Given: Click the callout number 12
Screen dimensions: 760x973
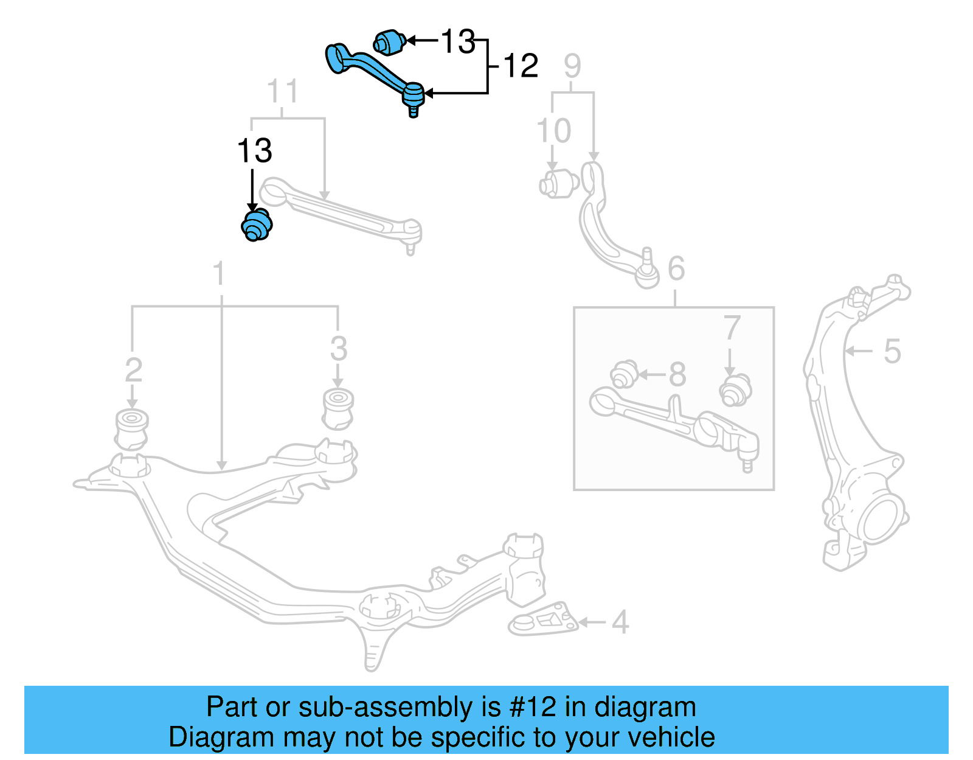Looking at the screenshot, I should pyautogui.click(x=521, y=66).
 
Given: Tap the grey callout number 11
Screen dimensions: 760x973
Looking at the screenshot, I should pyautogui.click(x=283, y=92).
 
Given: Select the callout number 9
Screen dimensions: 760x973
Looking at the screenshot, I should pyautogui.click(x=572, y=66).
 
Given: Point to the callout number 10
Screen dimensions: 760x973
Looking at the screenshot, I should pyautogui.click(x=553, y=131).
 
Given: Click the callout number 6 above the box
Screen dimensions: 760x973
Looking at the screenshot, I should pyautogui.click(x=676, y=268).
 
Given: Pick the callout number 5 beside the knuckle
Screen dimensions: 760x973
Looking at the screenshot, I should pyautogui.click(x=892, y=351).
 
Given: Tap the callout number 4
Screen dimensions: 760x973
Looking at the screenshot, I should pyautogui.click(x=620, y=622).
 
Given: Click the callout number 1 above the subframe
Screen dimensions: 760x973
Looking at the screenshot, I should pyautogui.click(x=220, y=274).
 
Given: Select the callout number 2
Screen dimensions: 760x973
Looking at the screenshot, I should pyautogui.click(x=133, y=370).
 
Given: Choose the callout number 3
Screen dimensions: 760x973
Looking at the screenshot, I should pyautogui.click(x=338, y=349).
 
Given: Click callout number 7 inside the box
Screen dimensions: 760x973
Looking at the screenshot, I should pyautogui.click(x=732, y=329).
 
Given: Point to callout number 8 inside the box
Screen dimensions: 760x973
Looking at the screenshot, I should pyautogui.click(x=677, y=375).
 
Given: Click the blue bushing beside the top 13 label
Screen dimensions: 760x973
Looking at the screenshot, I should pyautogui.click(x=389, y=42).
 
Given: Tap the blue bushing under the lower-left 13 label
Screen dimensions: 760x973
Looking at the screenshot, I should pyautogui.click(x=257, y=225).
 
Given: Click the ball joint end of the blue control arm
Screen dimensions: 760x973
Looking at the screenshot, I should pyautogui.click(x=413, y=96).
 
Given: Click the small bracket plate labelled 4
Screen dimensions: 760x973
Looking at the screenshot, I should pyautogui.click(x=543, y=622).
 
